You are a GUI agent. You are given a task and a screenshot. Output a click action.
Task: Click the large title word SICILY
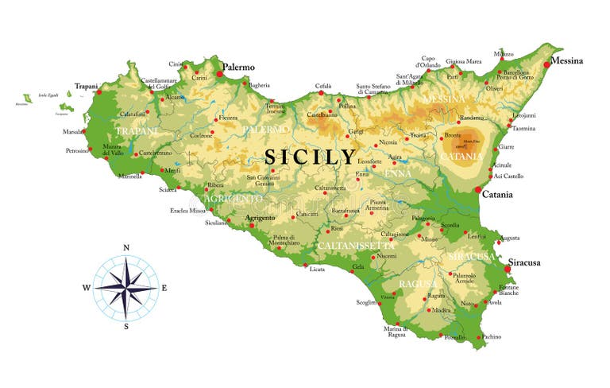[311, 157]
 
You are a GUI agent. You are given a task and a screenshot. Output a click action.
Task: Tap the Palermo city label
[238, 68]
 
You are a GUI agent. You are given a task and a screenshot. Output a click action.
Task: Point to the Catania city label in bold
[497, 194]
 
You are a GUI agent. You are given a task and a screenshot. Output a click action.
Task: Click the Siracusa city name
[524, 262]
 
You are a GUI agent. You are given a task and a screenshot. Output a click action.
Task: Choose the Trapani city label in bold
[86, 86]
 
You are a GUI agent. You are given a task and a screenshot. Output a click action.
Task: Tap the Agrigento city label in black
[261, 217]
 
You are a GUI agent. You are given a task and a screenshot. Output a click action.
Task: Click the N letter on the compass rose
[126, 247]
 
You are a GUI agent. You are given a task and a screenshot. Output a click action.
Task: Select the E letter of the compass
[164, 288]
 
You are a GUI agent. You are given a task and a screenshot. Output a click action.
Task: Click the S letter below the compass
[126, 327]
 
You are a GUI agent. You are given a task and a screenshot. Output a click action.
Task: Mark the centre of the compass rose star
[125, 287]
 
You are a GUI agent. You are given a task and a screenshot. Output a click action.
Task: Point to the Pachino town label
[492, 337]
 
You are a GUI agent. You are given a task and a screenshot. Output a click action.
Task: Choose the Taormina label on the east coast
[523, 128]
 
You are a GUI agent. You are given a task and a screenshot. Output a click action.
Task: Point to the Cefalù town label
[322, 85]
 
